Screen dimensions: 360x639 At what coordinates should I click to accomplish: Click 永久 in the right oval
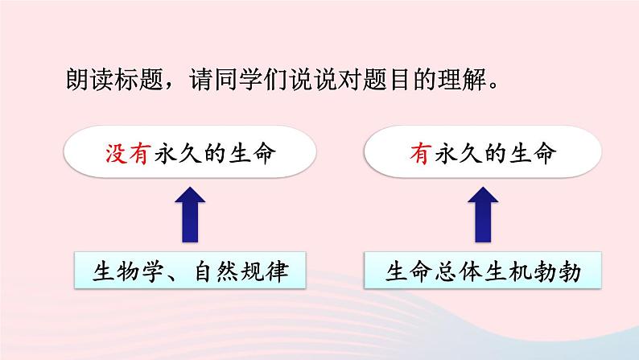(x=460, y=154)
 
